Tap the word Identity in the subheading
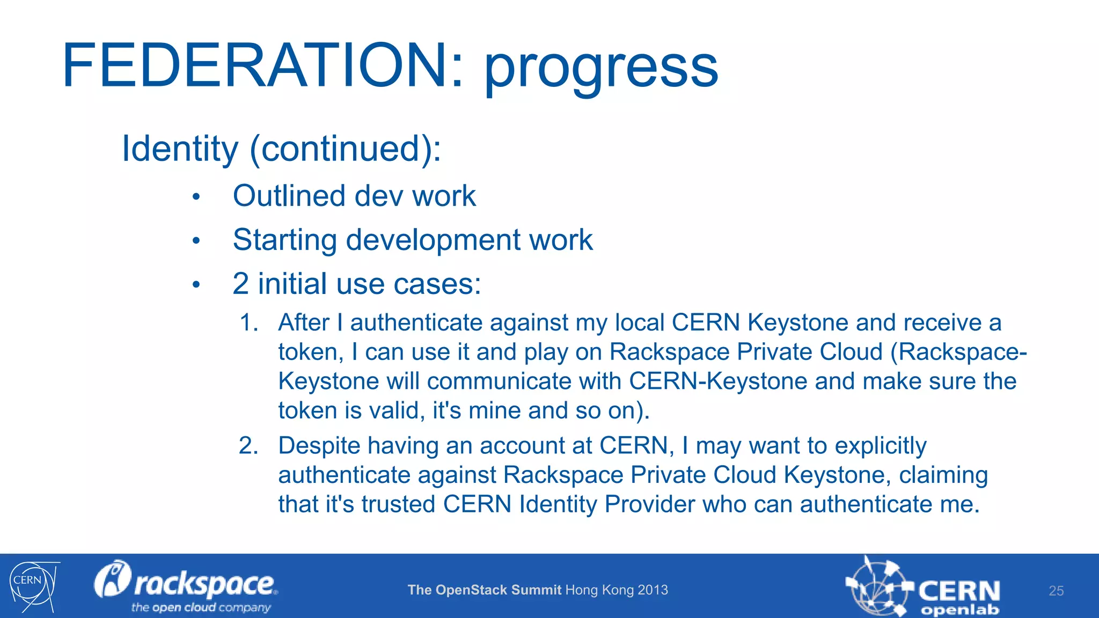(180, 149)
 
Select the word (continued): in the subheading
(346, 149)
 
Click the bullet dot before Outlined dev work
(196, 197)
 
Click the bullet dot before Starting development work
(196, 241)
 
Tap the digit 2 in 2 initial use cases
(240, 284)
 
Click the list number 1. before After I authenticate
(248, 323)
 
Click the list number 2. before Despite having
(248, 446)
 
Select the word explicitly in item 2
(880, 446)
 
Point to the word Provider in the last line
(649, 504)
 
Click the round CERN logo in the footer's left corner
(32, 586)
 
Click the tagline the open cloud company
(201, 608)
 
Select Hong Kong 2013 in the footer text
(617, 590)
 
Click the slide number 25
(1056, 591)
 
